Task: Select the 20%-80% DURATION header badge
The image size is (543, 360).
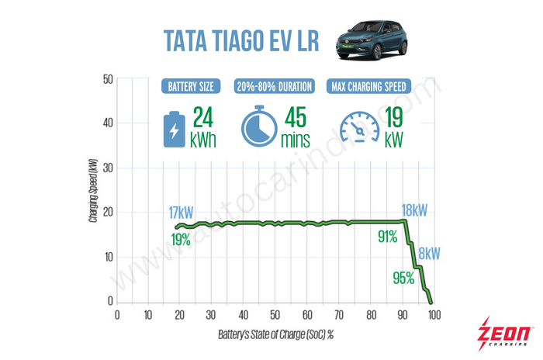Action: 275,86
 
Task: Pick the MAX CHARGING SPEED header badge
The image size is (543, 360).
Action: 379,86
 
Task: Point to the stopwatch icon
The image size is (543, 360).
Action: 258,126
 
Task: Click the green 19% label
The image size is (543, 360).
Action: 182,240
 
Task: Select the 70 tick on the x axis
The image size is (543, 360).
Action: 339,315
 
